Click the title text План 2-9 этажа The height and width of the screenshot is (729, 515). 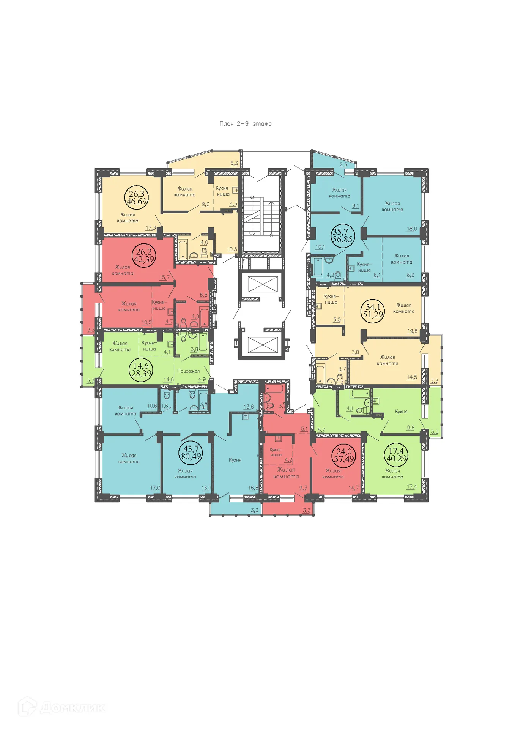246,124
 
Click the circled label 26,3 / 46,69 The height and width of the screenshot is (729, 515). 137,198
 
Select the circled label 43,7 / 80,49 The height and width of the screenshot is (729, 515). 191,453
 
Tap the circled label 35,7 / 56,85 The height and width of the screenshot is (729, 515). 342,236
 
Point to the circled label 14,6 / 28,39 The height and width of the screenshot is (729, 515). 141,369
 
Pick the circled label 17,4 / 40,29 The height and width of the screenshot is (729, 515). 396,454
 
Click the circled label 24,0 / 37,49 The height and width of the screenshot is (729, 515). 344,455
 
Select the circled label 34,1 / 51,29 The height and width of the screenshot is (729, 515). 373,311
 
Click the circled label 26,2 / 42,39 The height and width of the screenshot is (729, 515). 144,256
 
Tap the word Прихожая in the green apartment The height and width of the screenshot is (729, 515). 188,371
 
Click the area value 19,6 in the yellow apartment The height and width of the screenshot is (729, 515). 412,331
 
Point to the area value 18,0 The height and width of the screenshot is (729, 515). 412,229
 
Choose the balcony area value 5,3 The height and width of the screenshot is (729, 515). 234,163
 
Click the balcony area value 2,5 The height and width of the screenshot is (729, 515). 343,164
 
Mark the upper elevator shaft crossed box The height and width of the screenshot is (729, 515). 263,284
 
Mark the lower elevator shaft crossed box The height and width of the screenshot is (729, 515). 263,344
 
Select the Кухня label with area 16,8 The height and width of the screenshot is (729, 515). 235,460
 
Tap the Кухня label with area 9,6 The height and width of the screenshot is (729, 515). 401,412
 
